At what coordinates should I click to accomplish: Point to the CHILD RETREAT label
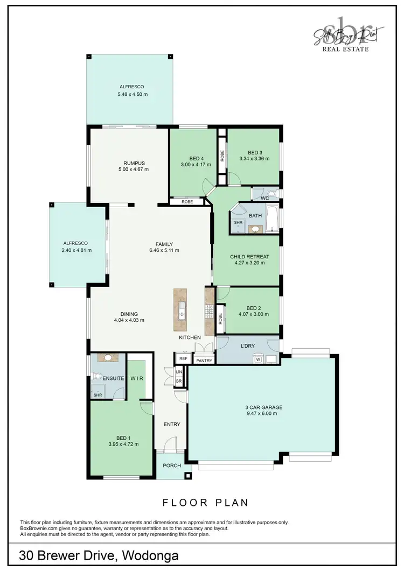(249, 257)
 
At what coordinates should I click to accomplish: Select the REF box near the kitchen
(183, 358)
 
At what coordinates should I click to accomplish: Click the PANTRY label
(204, 361)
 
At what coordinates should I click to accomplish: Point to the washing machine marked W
(258, 359)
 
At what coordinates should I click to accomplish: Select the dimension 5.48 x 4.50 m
(132, 94)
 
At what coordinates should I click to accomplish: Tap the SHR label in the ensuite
(97, 395)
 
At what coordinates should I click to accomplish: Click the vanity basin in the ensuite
(108, 357)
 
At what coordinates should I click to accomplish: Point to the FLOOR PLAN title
(205, 503)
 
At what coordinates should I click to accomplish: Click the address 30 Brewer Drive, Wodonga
(99, 555)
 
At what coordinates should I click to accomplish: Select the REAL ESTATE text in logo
(345, 49)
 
